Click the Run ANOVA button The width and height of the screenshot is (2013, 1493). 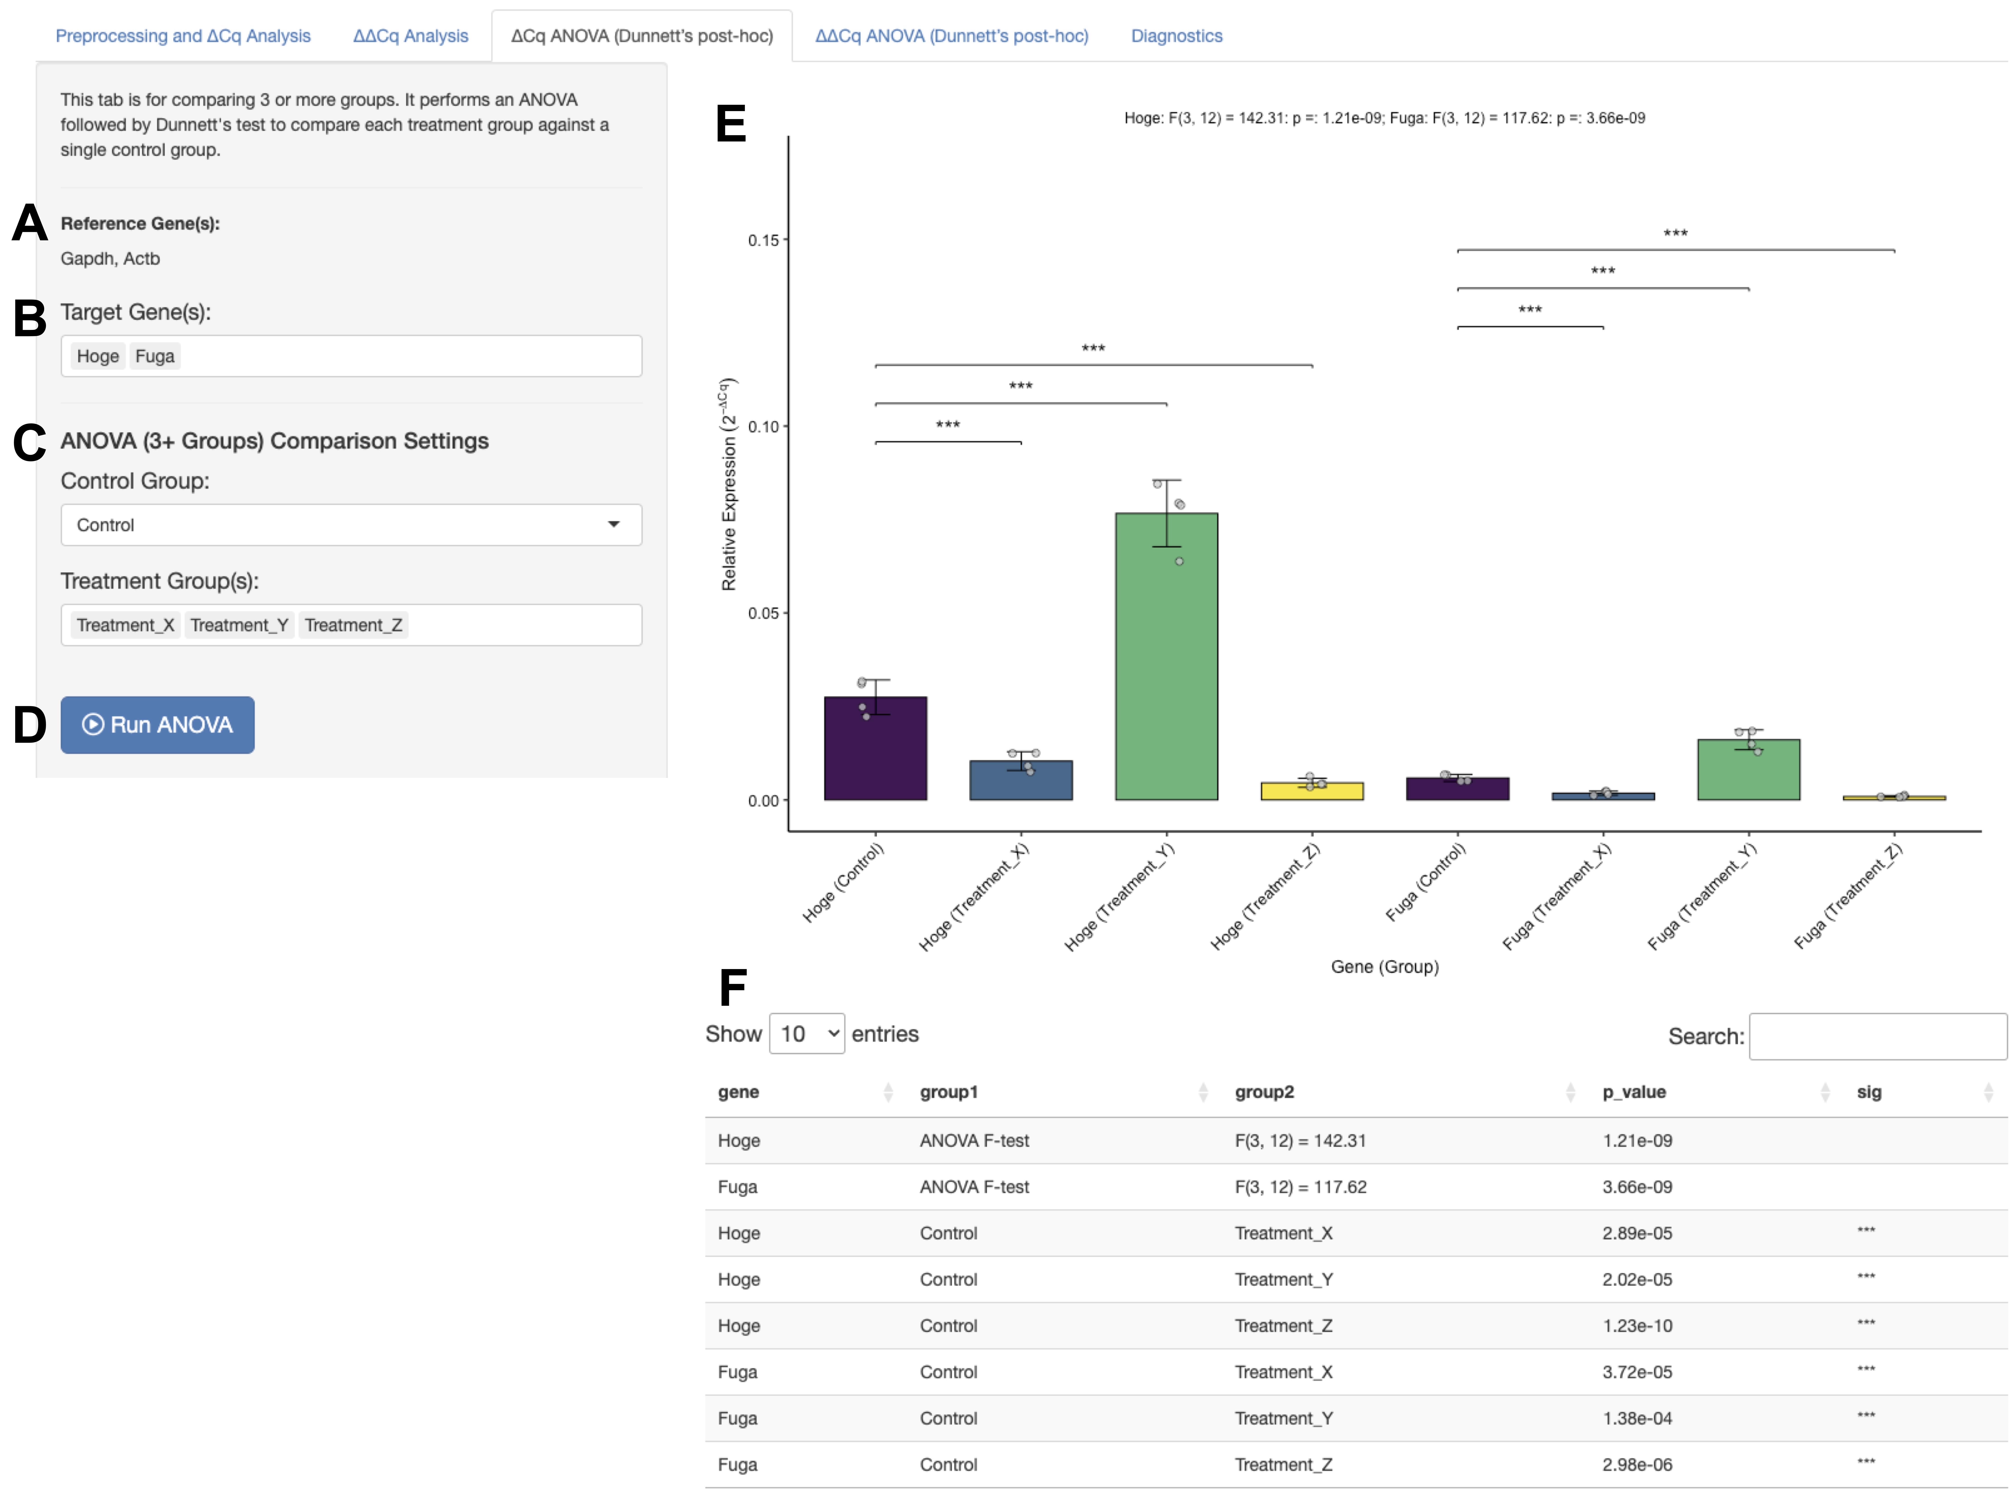157,725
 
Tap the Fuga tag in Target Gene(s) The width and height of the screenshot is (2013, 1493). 155,356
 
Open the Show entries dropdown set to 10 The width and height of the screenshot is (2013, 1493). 806,1034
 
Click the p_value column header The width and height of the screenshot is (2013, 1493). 1634,1092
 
